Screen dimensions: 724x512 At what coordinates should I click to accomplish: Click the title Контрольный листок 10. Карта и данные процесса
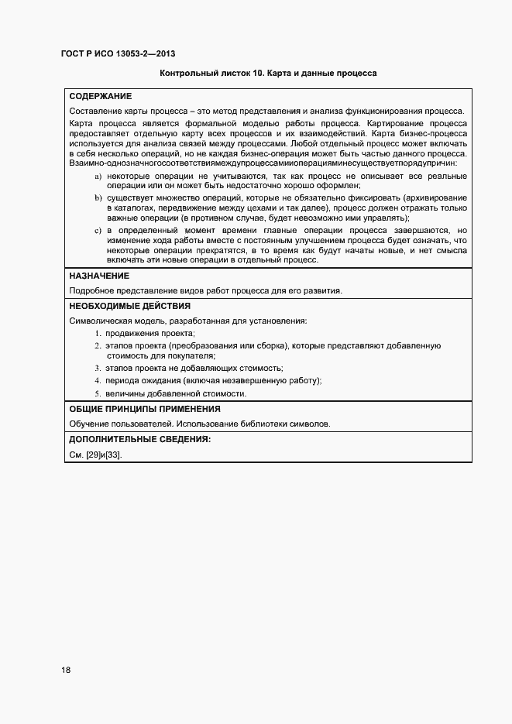click(x=267, y=75)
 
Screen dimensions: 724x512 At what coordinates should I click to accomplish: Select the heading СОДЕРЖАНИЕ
click(x=100, y=97)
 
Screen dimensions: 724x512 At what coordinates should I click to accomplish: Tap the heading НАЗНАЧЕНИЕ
click(x=99, y=276)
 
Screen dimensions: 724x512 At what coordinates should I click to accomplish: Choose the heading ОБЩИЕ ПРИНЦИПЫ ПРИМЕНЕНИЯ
click(x=145, y=409)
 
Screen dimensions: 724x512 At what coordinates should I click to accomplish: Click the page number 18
click(x=66, y=670)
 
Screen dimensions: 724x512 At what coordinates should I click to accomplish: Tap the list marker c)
click(x=98, y=231)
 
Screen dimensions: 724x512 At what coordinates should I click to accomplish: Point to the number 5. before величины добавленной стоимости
click(x=98, y=393)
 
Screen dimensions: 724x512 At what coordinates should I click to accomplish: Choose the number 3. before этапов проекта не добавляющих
click(x=98, y=368)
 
